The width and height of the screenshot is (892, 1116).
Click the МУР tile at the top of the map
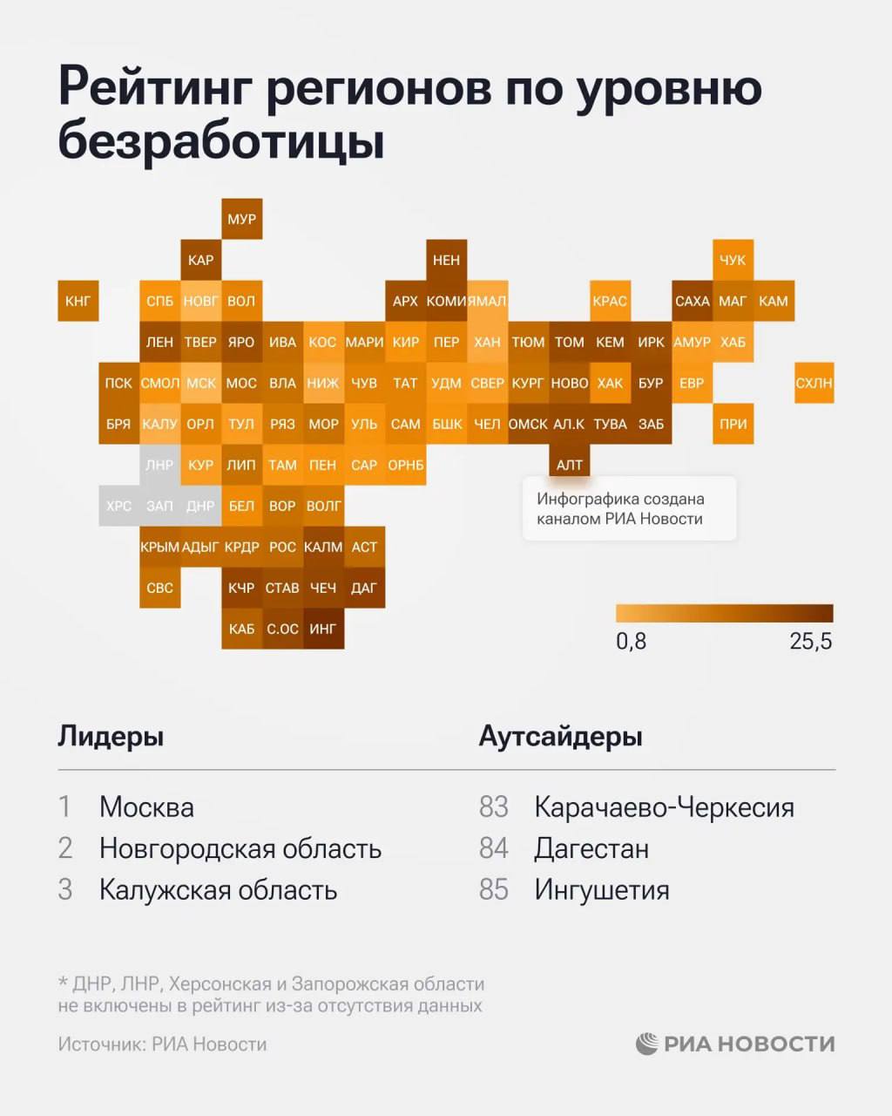(x=241, y=219)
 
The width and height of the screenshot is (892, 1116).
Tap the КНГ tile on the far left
(x=78, y=301)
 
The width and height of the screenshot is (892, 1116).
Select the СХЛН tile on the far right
(x=814, y=383)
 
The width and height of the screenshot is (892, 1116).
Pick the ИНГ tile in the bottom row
(x=323, y=629)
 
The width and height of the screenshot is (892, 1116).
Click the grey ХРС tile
(x=118, y=506)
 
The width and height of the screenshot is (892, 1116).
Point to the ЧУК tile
(x=733, y=260)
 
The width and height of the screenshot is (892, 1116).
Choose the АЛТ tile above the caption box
(x=569, y=465)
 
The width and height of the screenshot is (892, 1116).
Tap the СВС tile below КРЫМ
(x=159, y=588)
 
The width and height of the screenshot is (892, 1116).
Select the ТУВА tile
(x=610, y=424)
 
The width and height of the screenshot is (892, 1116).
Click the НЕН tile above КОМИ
(x=446, y=260)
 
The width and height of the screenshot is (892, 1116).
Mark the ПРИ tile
(x=733, y=424)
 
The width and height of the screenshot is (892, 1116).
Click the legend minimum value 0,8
(x=631, y=642)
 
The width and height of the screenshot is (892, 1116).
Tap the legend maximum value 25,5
(x=810, y=642)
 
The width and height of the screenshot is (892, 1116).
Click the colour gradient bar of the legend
(x=724, y=613)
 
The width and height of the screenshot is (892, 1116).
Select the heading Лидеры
(x=111, y=736)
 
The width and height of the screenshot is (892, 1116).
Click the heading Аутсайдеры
(x=560, y=736)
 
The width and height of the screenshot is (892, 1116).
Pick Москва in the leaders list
(x=146, y=807)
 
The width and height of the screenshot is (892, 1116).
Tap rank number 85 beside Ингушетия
(x=493, y=890)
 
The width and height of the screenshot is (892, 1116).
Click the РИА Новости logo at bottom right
(x=735, y=1044)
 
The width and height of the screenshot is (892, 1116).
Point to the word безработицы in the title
(x=221, y=141)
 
